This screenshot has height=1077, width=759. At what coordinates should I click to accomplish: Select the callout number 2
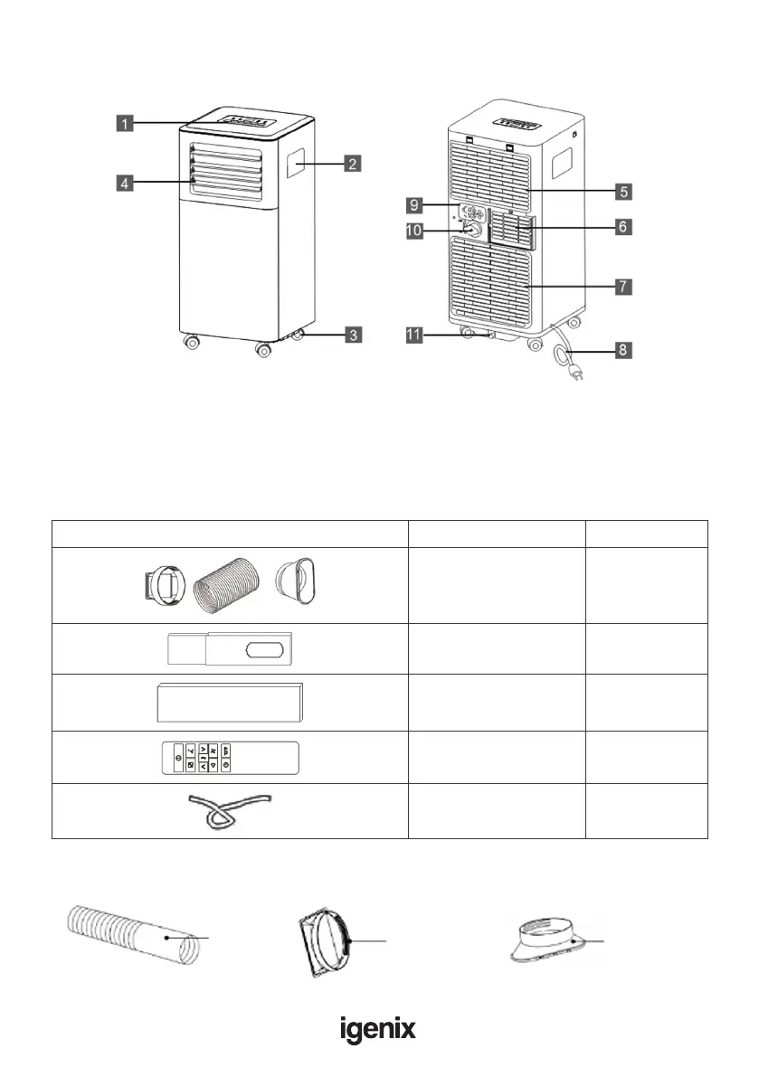[353, 164]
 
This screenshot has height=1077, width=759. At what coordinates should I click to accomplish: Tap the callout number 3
[355, 335]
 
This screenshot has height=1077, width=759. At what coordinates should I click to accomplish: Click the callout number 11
[414, 335]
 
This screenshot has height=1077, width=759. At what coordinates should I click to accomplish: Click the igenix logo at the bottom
[378, 1028]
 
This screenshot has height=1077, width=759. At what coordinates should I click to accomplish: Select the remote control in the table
[230, 756]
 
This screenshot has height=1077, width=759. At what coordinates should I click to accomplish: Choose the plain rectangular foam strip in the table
[230, 702]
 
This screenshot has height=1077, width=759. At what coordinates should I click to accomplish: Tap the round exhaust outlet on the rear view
[470, 230]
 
